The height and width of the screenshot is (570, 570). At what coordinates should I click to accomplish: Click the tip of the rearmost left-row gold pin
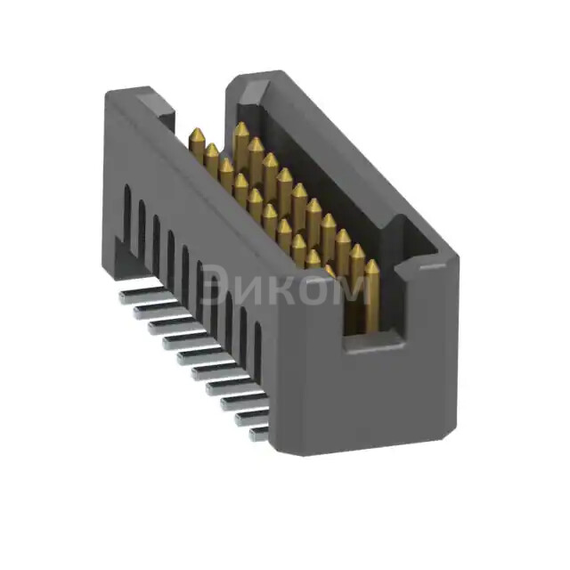coord(197,133)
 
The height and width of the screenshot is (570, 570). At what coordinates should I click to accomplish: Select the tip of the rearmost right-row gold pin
coord(240,127)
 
